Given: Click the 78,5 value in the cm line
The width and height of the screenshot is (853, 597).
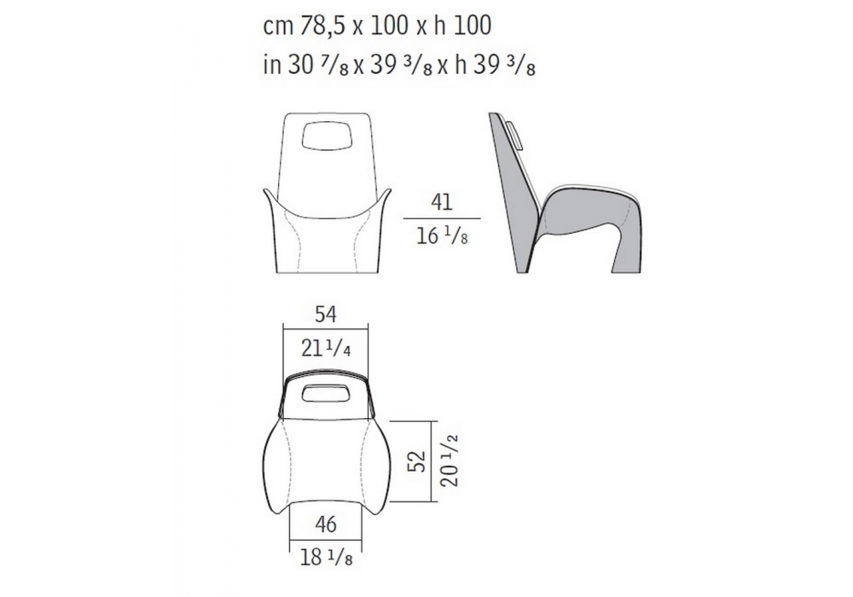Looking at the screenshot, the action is (323, 26).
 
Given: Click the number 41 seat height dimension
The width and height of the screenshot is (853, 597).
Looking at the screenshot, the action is (442, 202).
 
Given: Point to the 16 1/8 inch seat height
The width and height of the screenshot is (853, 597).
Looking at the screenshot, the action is (442, 236).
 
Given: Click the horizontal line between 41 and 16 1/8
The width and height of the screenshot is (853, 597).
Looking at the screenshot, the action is (442, 218).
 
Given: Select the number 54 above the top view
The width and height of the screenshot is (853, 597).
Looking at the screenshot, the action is (325, 314).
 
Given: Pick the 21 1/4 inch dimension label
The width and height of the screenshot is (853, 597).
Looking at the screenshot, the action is (325, 348).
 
